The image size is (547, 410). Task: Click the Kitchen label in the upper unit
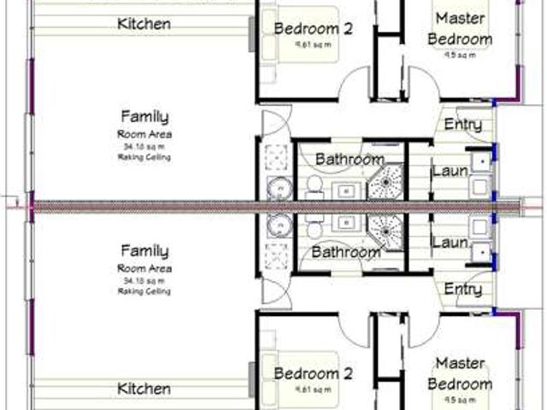click(x=144, y=24)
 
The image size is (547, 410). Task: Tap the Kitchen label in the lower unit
click(x=144, y=389)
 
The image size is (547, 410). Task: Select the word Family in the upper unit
click(x=144, y=117)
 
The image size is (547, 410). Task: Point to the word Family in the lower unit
click(x=144, y=251)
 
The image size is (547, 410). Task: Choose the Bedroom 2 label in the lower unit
click(x=313, y=372)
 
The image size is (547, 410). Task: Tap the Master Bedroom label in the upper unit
click(x=461, y=28)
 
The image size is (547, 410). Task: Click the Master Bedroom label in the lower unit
click(x=461, y=374)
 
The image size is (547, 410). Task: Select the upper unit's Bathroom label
click(x=349, y=159)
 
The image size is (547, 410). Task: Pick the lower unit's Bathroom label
click(x=345, y=253)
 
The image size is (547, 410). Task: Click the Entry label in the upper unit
click(x=462, y=126)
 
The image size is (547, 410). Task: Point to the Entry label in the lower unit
click(x=462, y=290)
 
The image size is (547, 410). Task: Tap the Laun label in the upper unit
click(x=450, y=171)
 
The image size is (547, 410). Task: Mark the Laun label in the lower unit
click(x=450, y=243)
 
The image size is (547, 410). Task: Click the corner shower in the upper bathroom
click(x=389, y=180)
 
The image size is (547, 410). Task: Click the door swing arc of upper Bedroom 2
click(x=352, y=88)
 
